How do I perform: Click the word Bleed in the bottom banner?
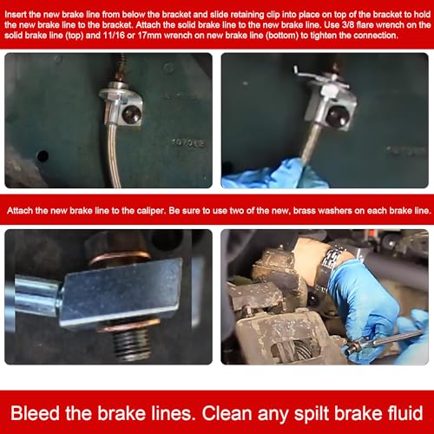click(35, 413)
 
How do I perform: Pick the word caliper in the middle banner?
click(148, 211)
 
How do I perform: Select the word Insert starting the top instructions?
click(16, 15)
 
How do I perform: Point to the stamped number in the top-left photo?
click(188, 142)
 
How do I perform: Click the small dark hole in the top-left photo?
click(43, 156)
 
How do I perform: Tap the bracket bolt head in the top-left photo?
click(132, 114)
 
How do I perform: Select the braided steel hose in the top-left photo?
click(114, 155)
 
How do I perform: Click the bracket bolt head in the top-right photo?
click(337, 116)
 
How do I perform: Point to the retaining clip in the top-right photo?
click(315, 76)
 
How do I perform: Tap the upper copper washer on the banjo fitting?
click(119, 259)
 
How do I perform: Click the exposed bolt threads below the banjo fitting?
click(131, 345)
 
